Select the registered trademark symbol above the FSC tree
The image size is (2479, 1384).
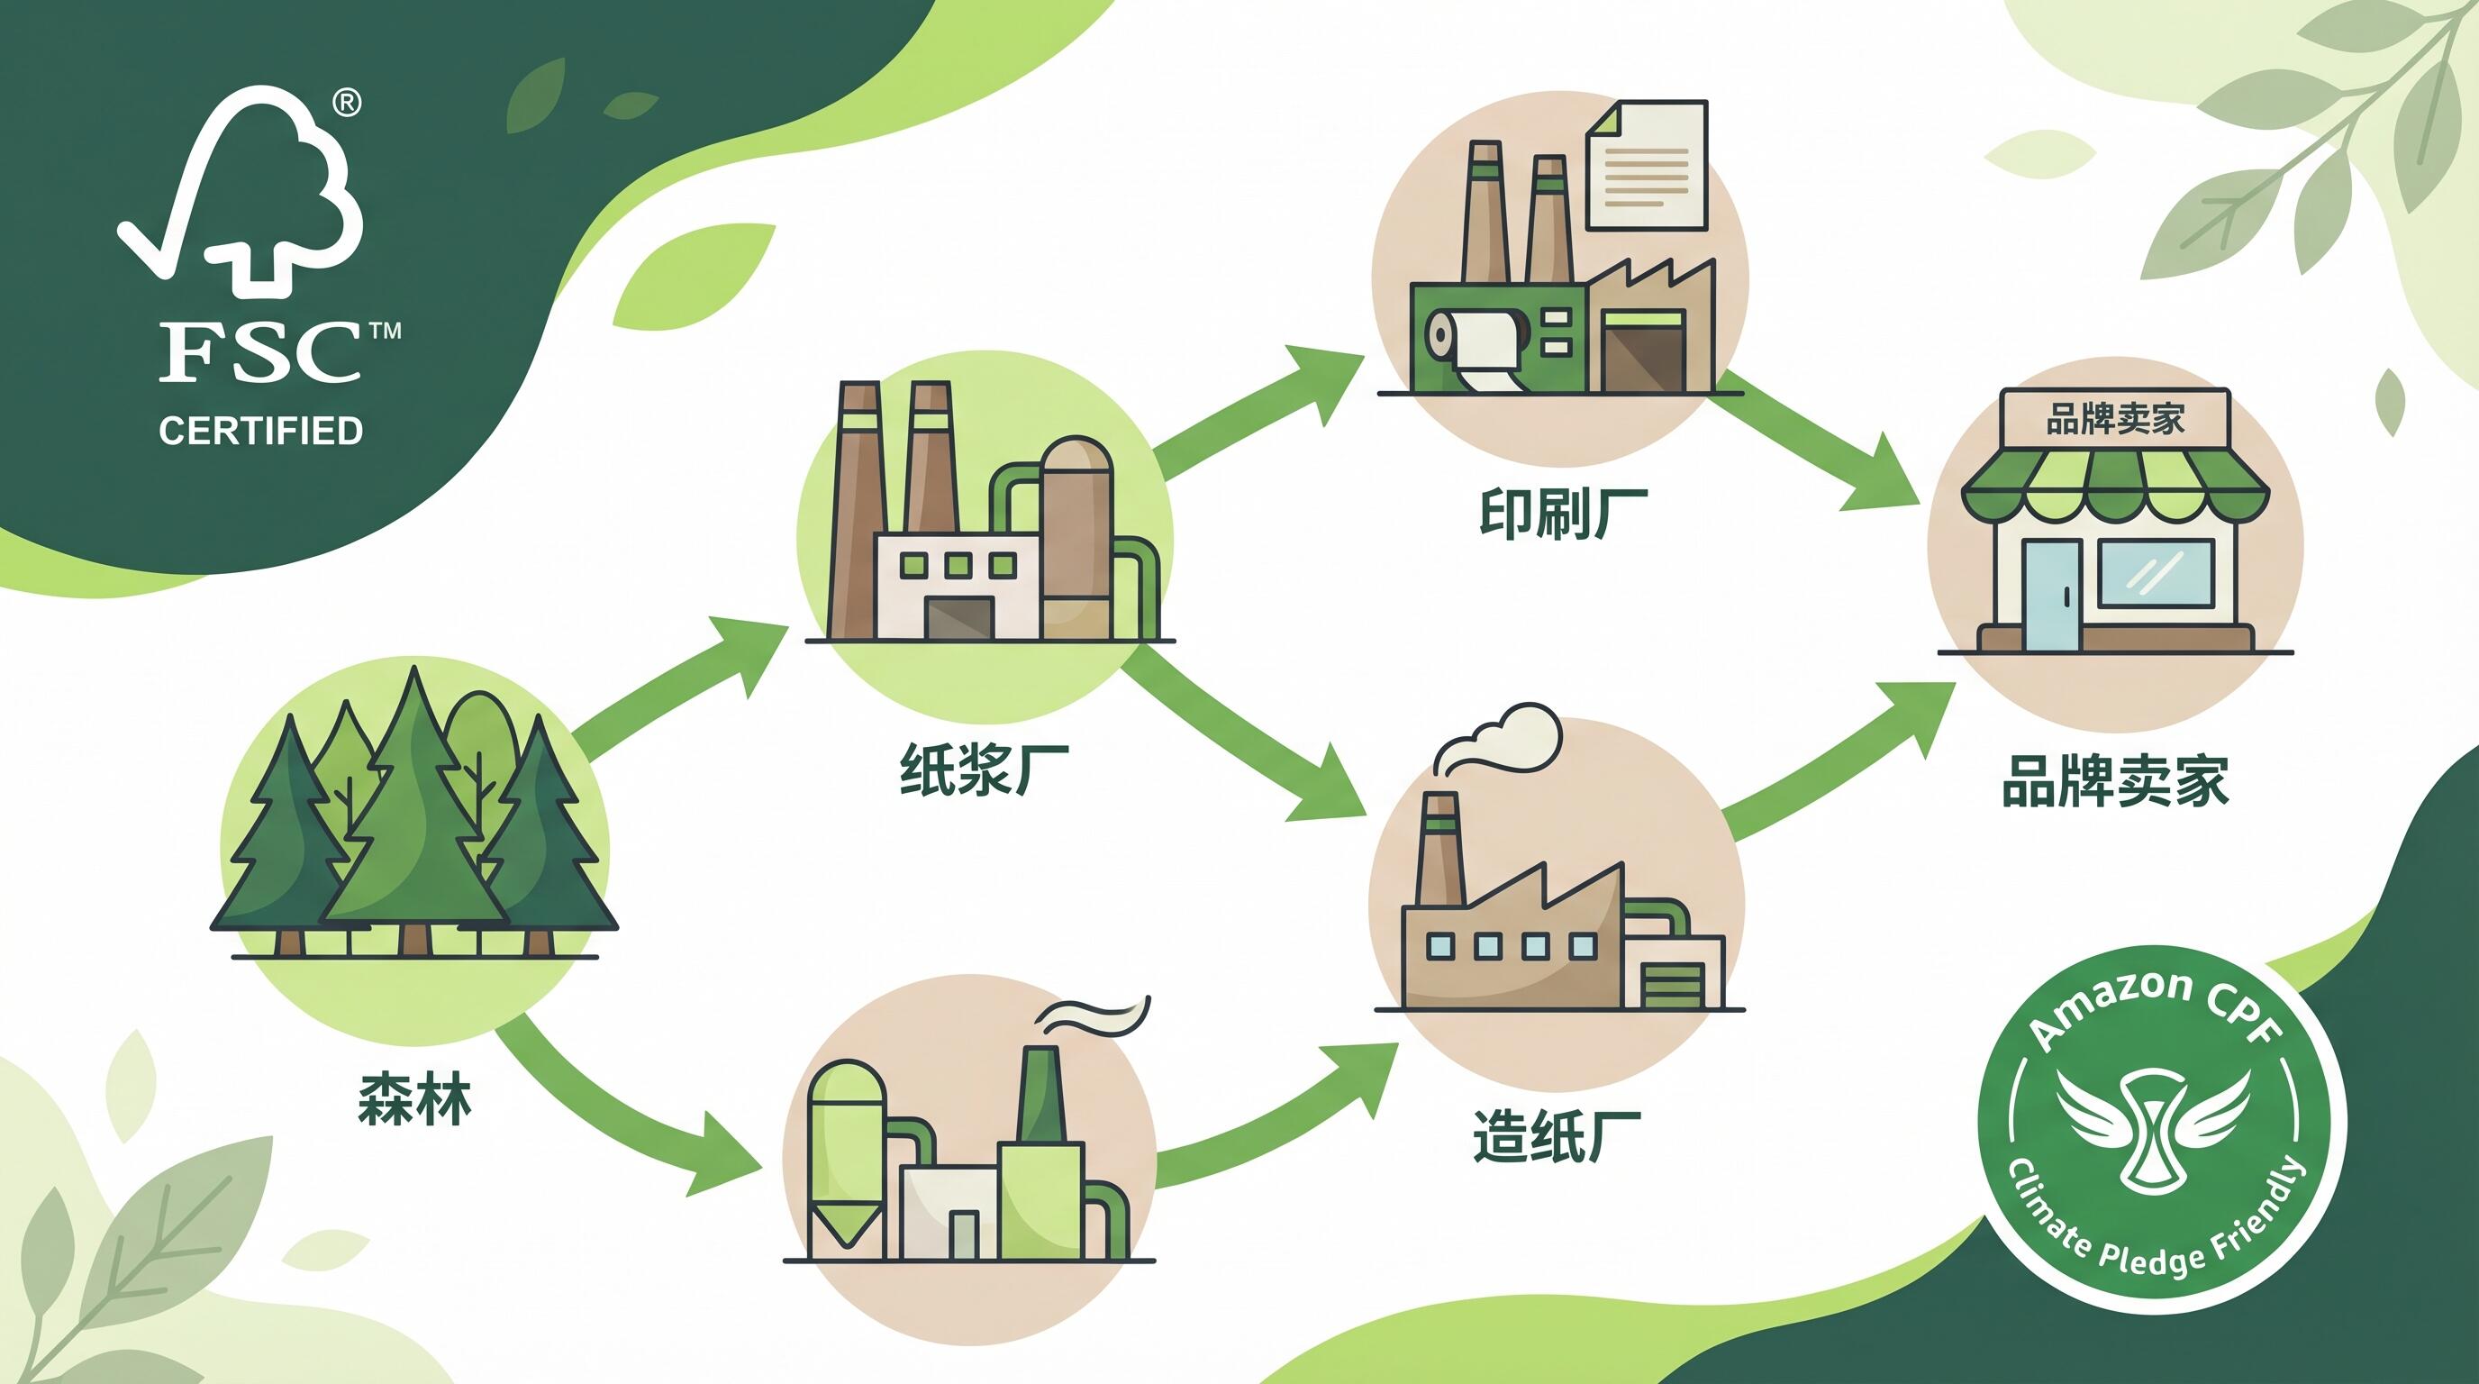[x=347, y=103]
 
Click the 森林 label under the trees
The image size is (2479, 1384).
[x=413, y=1100]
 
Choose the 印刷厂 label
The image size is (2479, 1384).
[x=1561, y=513]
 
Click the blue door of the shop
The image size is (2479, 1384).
[x=2051, y=594]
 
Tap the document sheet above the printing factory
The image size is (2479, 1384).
[x=1646, y=166]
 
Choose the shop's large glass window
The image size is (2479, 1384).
[x=2155, y=575]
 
